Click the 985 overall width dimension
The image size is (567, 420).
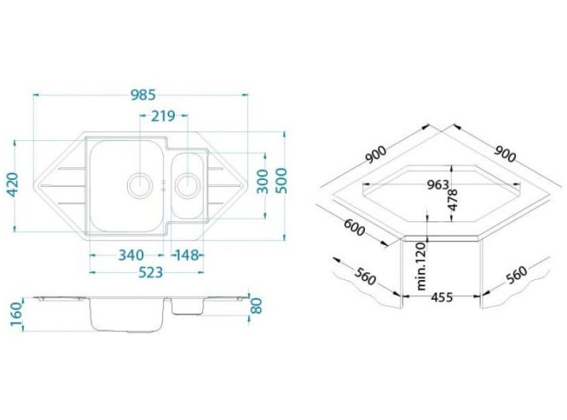coord(143,95)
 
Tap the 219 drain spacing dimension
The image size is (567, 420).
coord(163,116)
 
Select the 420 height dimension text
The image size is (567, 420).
coord(13,184)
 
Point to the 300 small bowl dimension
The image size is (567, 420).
coord(263,181)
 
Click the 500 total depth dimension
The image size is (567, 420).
coord(281,181)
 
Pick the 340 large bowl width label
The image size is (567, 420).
coord(131,255)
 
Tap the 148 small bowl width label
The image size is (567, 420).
coord(187,255)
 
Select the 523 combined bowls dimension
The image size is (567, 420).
coord(150,272)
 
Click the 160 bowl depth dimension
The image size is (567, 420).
coord(17,314)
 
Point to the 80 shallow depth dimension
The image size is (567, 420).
coord(256,306)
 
